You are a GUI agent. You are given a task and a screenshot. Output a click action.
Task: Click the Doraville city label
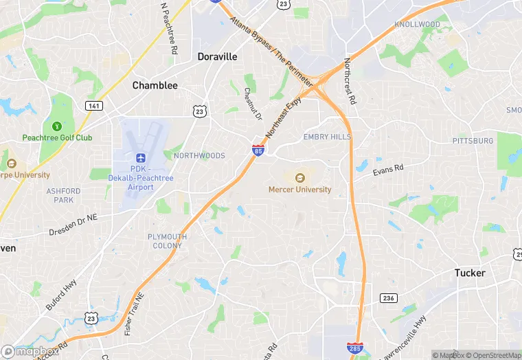point(217,57)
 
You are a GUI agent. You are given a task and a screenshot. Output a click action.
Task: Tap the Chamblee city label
point(155,86)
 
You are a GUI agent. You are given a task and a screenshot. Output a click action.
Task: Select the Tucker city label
point(470,273)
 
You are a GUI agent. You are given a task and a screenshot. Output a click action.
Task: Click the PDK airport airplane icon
point(141,158)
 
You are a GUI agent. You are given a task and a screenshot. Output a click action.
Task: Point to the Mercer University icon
point(299,178)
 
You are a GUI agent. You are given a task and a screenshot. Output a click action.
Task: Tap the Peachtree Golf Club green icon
point(56,126)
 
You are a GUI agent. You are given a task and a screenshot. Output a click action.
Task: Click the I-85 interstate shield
point(258,150)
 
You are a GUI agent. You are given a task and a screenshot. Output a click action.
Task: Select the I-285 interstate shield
point(355,350)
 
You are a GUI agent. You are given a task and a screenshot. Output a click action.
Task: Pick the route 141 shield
point(93,106)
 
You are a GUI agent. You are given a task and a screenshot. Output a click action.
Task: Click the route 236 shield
point(389,297)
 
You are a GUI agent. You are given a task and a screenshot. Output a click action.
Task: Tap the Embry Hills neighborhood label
point(327,137)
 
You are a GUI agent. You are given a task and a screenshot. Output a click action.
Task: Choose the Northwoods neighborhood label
point(199,156)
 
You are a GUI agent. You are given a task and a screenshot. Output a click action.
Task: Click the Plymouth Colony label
point(167,241)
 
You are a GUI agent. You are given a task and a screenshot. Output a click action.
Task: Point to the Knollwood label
point(417,25)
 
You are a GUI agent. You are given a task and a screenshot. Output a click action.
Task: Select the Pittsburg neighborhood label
point(473,141)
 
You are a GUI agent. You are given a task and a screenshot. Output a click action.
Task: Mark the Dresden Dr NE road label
point(73,225)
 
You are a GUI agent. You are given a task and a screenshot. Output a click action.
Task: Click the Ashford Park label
point(64,196)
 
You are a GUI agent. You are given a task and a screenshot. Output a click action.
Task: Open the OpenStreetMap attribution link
point(490,355)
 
